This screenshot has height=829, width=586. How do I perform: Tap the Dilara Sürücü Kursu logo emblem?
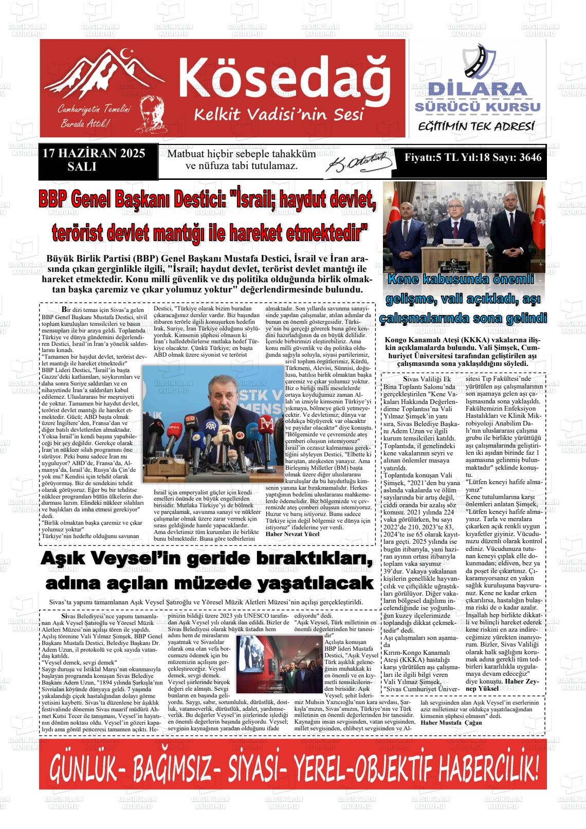tap(479, 62)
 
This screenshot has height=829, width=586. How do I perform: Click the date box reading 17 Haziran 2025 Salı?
tap(93, 159)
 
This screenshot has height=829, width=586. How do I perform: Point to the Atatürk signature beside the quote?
tap(360, 163)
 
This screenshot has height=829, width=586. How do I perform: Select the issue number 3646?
tap(530, 158)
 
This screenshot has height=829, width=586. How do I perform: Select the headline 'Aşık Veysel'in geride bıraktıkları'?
tap(206, 559)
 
